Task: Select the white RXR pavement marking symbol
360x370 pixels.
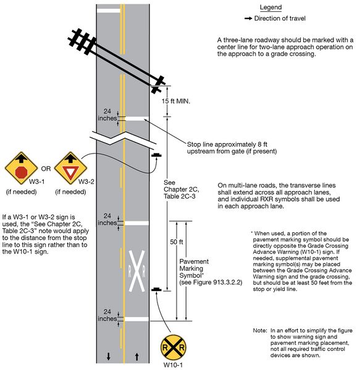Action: (136, 271)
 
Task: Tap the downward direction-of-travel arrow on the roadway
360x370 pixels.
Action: (109, 356)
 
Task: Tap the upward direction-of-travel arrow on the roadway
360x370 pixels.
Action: (136, 356)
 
